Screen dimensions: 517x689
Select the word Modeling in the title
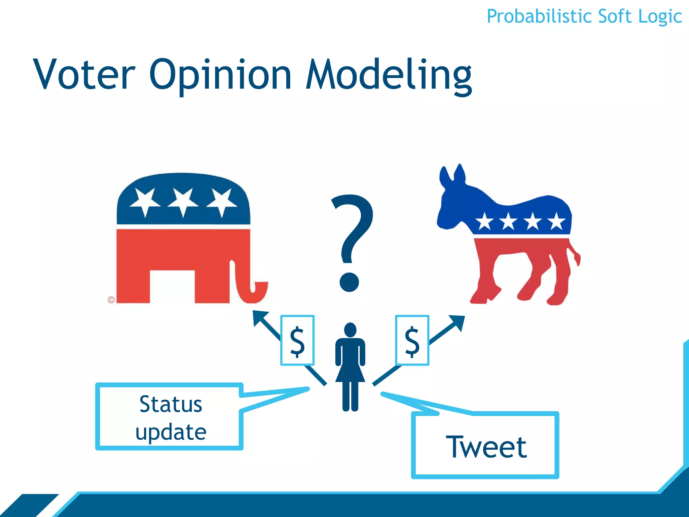(389, 75)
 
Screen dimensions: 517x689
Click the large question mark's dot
(349, 282)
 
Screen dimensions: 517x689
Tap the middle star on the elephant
(183, 201)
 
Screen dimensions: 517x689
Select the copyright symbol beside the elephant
(111, 300)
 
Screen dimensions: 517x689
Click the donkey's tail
(576, 256)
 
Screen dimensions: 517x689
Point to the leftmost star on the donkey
(485, 222)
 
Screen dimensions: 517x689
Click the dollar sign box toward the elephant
(297, 340)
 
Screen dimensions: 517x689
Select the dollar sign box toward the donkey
(412, 340)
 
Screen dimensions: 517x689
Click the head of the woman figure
(350, 330)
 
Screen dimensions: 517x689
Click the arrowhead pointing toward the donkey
(459, 321)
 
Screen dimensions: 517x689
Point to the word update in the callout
(171, 432)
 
